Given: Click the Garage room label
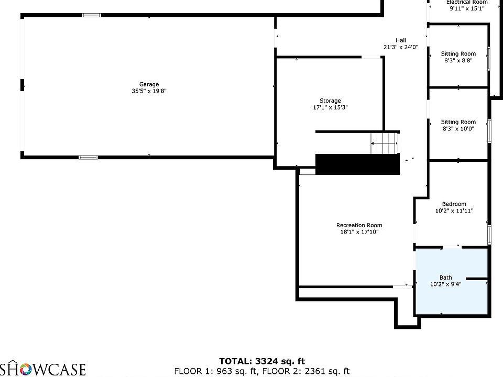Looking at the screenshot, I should (x=149, y=84).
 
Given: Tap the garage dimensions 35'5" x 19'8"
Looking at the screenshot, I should (x=149, y=91).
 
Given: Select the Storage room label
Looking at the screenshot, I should (x=330, y=101).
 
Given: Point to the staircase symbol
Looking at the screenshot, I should (x=385, y=143).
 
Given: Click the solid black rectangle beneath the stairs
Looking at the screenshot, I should (x=357, y=164).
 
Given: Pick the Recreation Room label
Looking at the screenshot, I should (x=359, y=225).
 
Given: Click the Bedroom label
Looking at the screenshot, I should (x=454, y=204).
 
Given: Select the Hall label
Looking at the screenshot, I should (x=400, y=40).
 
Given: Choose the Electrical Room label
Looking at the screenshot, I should (x=466, y=2).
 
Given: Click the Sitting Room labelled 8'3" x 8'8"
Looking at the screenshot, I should (x=458, y=54).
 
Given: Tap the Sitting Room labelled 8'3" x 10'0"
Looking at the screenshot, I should (x=458, y=122).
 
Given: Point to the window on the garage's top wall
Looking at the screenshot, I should (x=91, y=15).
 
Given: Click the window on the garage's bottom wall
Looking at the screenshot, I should (x=88, y=157).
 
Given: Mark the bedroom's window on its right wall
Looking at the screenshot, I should (x=489, y=235).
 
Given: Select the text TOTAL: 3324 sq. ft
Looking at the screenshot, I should (x=261, y=361).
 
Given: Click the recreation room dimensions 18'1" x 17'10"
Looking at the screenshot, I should (x=359, y=232).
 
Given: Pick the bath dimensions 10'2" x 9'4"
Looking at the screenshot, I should (x=445, y=284).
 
